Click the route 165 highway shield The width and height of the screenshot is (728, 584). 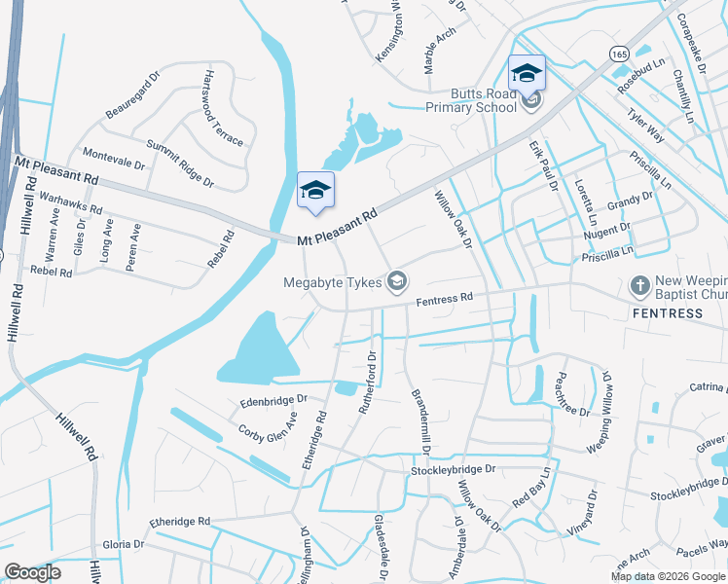(x=620, y=55)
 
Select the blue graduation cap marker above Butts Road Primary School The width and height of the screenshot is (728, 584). (x=527, y=73)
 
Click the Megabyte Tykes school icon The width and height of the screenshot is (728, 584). (x=396, y=282)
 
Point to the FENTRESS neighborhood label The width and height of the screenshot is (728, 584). (x=667, y=313)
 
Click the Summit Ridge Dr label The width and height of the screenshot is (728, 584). (x=180, y=164)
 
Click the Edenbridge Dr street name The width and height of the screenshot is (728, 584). (x=273, y=399)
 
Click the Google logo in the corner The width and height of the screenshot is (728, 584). (x=32, y=572)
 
